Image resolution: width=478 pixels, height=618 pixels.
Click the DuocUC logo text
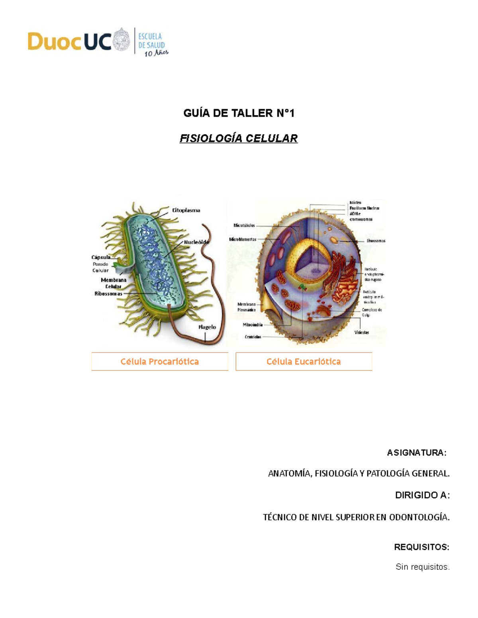[x=69, y=41]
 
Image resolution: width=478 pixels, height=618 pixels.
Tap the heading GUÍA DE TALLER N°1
[x=239, y=113]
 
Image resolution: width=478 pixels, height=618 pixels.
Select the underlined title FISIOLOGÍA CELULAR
[x=239, y=138]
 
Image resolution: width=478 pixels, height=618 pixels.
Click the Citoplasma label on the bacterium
[x=186, y=210]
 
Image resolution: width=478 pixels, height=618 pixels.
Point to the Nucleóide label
[x=196, y=242]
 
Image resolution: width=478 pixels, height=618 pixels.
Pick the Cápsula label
[x=101, y=257]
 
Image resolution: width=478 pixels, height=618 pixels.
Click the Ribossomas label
[x=108, y=294]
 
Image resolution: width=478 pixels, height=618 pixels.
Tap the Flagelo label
[x=207, y=327]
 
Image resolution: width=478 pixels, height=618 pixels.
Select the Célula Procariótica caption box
[x=159, y=361]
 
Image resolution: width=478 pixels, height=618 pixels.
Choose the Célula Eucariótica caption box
[x=304, y=361]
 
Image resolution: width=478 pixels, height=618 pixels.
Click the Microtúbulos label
[x=244, y=226]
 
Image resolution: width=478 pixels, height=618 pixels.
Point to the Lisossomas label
[x=376, y=241]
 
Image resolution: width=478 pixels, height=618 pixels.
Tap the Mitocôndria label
[x=253, y=325]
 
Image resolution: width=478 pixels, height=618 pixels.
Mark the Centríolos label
[x=253, y=337]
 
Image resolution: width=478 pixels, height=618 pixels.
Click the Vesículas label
[x=362, y=332]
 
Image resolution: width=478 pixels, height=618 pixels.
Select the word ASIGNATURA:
[x=417, y=452]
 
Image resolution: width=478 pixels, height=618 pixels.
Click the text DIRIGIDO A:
[x=422, y=495]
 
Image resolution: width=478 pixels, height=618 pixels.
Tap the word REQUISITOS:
[x=421, y=547]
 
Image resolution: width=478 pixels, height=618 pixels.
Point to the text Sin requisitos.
[x=422, y=567]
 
